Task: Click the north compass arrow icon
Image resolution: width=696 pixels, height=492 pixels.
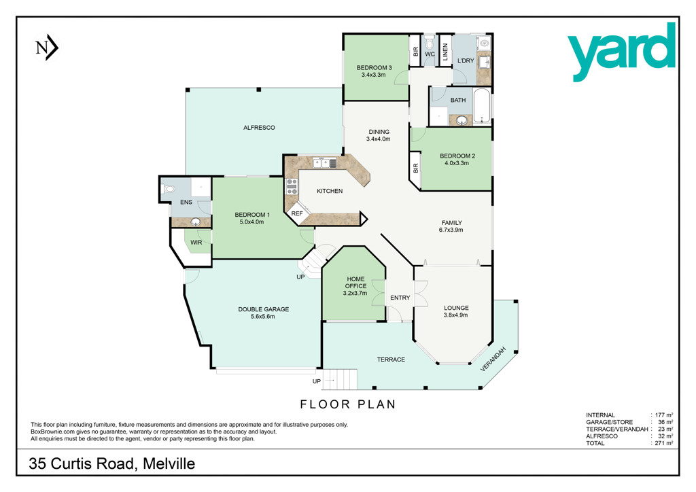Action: [47, 47]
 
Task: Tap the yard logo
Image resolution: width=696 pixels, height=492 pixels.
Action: [621, 52]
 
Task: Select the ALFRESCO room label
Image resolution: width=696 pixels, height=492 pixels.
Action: [259, 128]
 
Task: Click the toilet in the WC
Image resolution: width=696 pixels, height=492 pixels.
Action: [430, 43]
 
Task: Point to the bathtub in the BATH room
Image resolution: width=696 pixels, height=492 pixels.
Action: [482, 105]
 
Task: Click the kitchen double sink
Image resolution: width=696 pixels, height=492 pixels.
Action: [324, 163]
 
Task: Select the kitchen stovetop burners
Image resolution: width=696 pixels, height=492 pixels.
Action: [292, 186]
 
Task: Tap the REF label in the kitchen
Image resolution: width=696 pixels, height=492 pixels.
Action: [297, 213]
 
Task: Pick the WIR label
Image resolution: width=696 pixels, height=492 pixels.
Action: [196, 243]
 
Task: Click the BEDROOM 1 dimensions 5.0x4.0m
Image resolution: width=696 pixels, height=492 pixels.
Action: [251, 222]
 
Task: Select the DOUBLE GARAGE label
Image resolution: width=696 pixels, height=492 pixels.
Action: [264, 309]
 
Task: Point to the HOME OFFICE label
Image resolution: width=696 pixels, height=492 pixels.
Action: [355, 283]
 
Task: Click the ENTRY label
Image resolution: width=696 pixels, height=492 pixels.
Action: [400, 298]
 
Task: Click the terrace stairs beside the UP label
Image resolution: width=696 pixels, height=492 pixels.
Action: [340, 380]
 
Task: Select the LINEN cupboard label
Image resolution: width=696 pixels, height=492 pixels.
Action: [445, 52]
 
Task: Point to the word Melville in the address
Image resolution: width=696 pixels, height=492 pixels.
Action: [169, 463]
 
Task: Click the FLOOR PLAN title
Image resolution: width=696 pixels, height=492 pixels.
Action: [348, 404]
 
